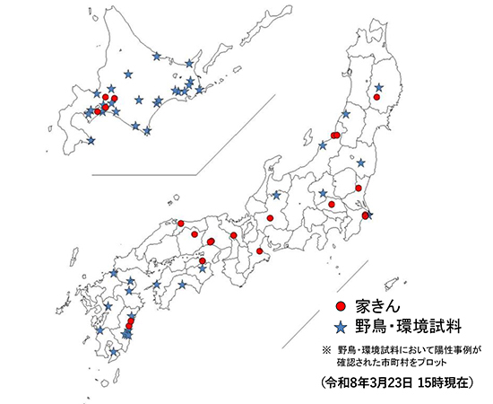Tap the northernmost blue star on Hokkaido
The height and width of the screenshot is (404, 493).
tap(157, 56)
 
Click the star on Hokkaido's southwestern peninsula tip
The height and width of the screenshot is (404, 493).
tap(90, 140)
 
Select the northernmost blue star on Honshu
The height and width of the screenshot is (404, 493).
tap(378, 87)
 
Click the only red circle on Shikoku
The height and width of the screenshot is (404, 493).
tap(203, 261)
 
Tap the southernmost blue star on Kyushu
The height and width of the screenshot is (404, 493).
tap(113, 353)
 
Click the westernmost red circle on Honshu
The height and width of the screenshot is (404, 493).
tap(180, 224)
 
